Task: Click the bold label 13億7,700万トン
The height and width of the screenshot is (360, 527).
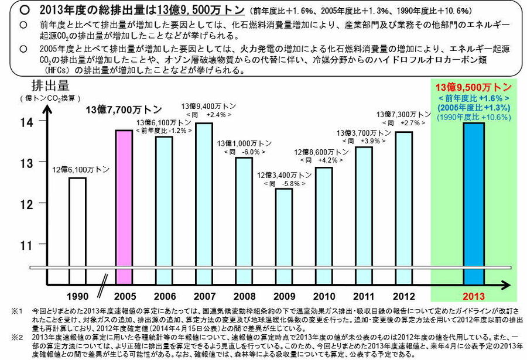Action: [x=124, y=109]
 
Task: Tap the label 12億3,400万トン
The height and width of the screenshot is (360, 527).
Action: [x=284, y=175]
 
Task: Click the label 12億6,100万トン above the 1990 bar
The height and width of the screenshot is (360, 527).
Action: [x=78, y=169]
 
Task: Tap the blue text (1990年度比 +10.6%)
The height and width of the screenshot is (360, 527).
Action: [x=474, y=117]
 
